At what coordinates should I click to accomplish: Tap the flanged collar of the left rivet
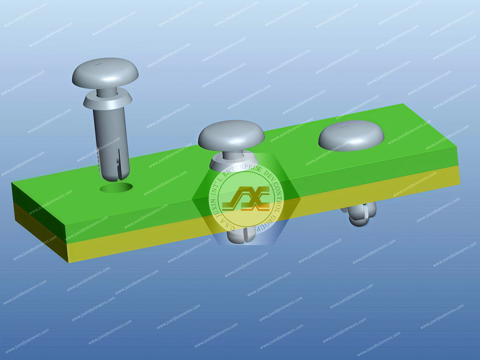coord(107,100)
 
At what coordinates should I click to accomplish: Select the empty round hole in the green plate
coord(116,187)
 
